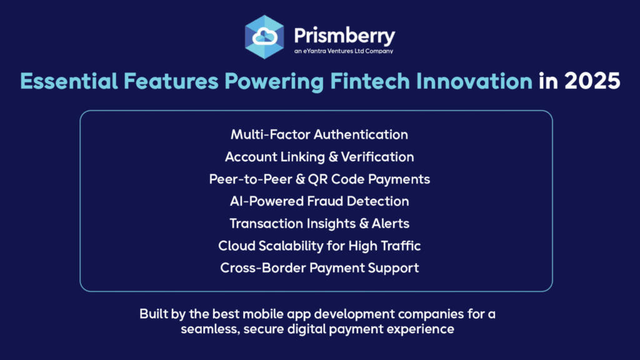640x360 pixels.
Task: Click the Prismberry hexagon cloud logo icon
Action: pyautogui.click(x=264, y=37)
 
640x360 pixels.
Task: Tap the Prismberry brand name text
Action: pyautogui.click(x=344, y=36)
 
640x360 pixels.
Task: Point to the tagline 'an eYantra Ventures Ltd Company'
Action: pyautogui.click(x=344, y=51)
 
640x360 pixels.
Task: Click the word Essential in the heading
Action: pyautogui.click(x=69, y=81)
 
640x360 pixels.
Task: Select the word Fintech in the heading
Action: pyautogui.click(x=370, y=81)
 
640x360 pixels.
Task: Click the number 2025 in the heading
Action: pyautogui.click(x=592, y=81)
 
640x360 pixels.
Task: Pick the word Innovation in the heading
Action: pyautogui.click(x=474, y=81)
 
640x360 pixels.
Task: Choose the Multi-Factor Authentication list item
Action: pyautogui.click(x=319, y=135)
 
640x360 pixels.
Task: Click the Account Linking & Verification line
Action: pyautogui.click(x=319, y=157)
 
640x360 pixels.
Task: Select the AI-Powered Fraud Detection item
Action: pyautogui.click(x=319, y=201)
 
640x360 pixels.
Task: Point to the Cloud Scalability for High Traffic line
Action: pyautogui.click(x=319, y=246)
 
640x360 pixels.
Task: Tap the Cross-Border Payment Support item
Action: pyautogui.click(x=319, y=268)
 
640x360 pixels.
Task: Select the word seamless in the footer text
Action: pyautogui.click(x=210, y=329)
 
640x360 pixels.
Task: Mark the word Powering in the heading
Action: pyautogui.click(x=274, y=81)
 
